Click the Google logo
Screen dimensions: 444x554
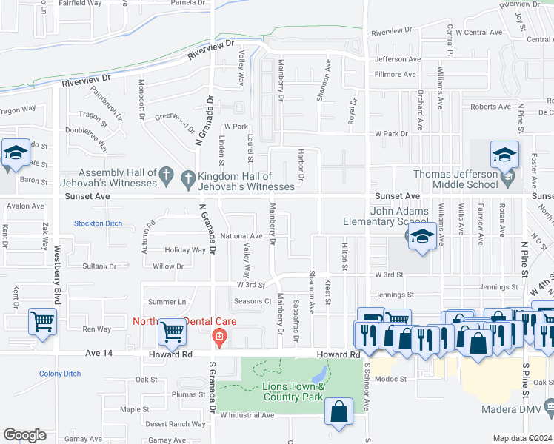[24, 435]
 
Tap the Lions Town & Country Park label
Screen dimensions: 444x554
[295, 391]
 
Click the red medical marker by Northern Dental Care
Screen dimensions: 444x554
[219, 337]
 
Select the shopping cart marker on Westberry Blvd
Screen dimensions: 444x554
[43, 323]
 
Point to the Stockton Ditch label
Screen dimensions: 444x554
[97, 223]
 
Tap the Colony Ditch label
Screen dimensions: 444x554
[60, 374]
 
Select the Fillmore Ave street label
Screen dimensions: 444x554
[395, 75]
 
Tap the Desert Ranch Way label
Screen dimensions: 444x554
[175, 424]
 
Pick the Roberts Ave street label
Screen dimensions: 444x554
[490, 107]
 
